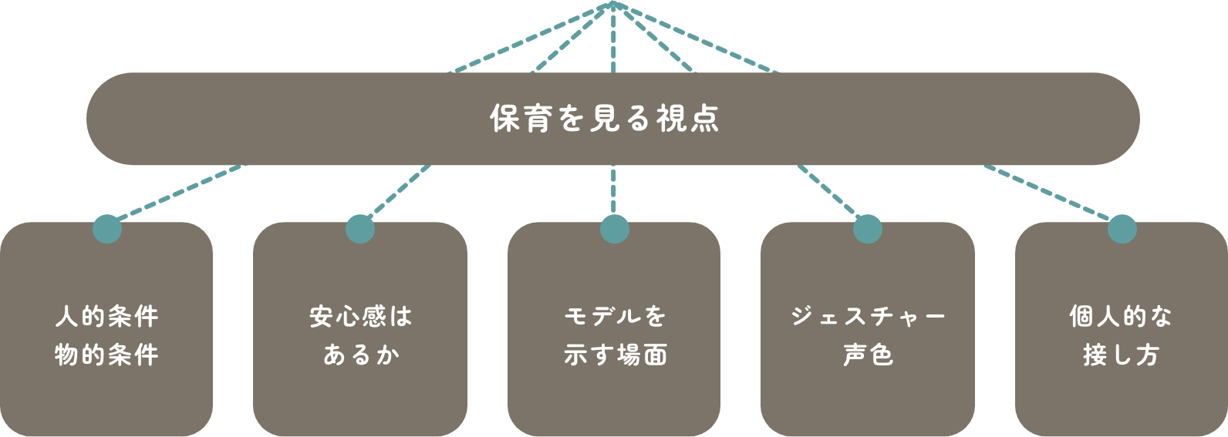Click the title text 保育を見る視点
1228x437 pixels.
[606, 119]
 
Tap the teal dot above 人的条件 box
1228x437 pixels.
[107, 229]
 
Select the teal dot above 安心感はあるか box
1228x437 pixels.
[360, 229]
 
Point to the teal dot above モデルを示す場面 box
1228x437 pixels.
[614, 229]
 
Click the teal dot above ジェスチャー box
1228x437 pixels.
[868, 229]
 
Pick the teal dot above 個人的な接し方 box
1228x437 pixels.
[1122, 229]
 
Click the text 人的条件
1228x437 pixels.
[106, 317]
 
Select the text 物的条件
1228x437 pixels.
[106, 355]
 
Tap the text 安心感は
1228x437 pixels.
[360, 317]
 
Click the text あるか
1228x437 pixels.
[360, 355]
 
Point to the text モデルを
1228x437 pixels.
[614, 317]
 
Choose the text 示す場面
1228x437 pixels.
[614, 355]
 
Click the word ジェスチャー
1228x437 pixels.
[868, 317]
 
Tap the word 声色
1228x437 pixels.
[868, 355]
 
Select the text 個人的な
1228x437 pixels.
[1121, 317]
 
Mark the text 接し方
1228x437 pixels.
[1121, 355]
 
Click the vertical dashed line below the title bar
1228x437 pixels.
[614, 190]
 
